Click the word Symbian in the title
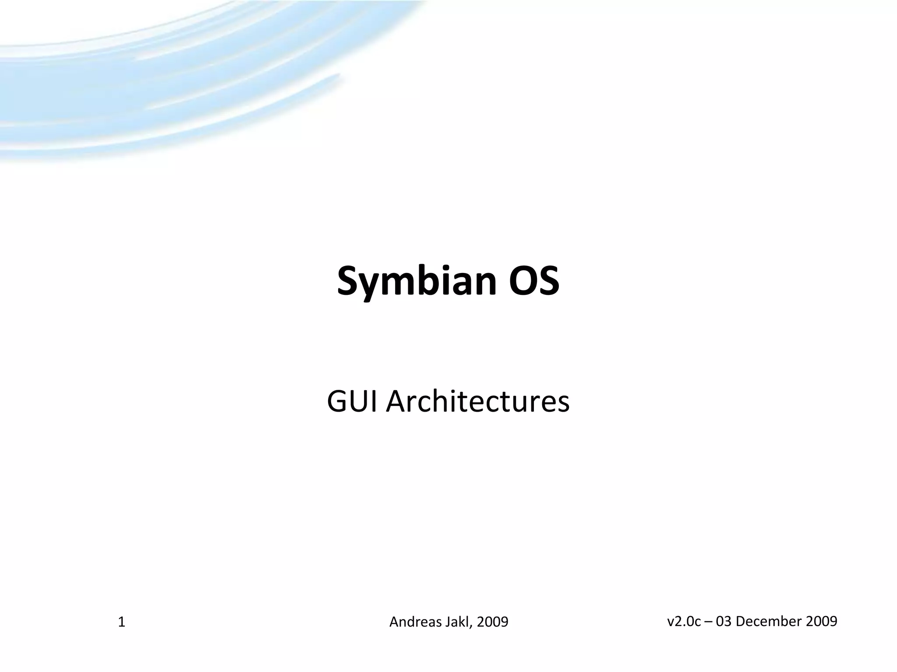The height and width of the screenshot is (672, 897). (417, 281)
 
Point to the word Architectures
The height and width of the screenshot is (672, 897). (477, 402)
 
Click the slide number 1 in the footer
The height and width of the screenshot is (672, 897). (122, 622)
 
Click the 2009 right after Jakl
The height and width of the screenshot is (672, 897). (492, 622)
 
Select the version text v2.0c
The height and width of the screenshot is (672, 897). (684, 621)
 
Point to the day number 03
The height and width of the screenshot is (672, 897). (724, 621)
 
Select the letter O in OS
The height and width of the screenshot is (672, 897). (521, 280)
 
